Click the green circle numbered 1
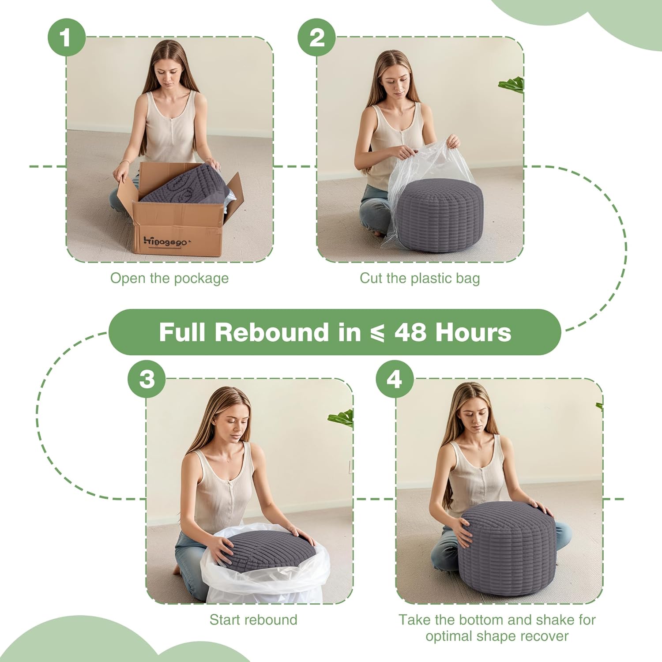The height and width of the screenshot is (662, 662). pyautogui.click(x=66, y=37)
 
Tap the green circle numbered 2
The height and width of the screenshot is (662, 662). pyautogui.click(x=316, y=37)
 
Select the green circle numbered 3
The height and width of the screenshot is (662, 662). pyautogui.click(x=147, y=379)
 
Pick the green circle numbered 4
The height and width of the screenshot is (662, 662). pyautogui.click(x=395, y=379)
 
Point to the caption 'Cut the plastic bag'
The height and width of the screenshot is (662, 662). pyautogui.click(x=419, y=278)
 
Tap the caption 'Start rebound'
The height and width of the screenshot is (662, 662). pyautogui.click(x=253, y=620)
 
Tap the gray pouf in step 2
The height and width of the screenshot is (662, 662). pyautogui.click(x=437, y=216)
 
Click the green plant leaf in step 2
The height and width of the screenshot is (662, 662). pyautogui.click(x=513, y=84)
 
